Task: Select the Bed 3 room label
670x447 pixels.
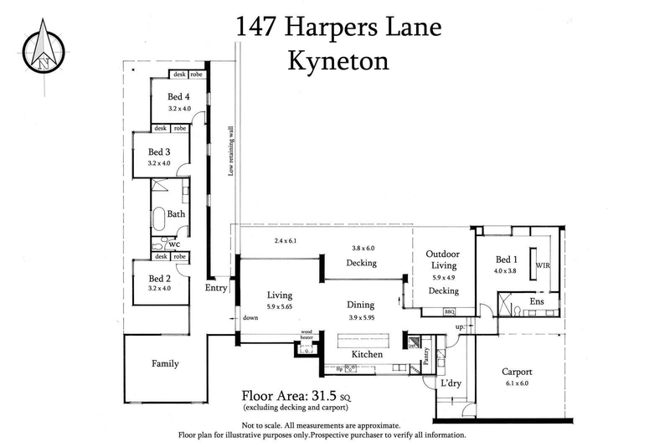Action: pos(159,152)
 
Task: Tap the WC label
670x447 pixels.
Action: pos(174,244)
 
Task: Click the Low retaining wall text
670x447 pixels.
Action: pos(231,152)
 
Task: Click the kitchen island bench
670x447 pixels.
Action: pos(364,342)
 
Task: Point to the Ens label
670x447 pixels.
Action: pos(538,300)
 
